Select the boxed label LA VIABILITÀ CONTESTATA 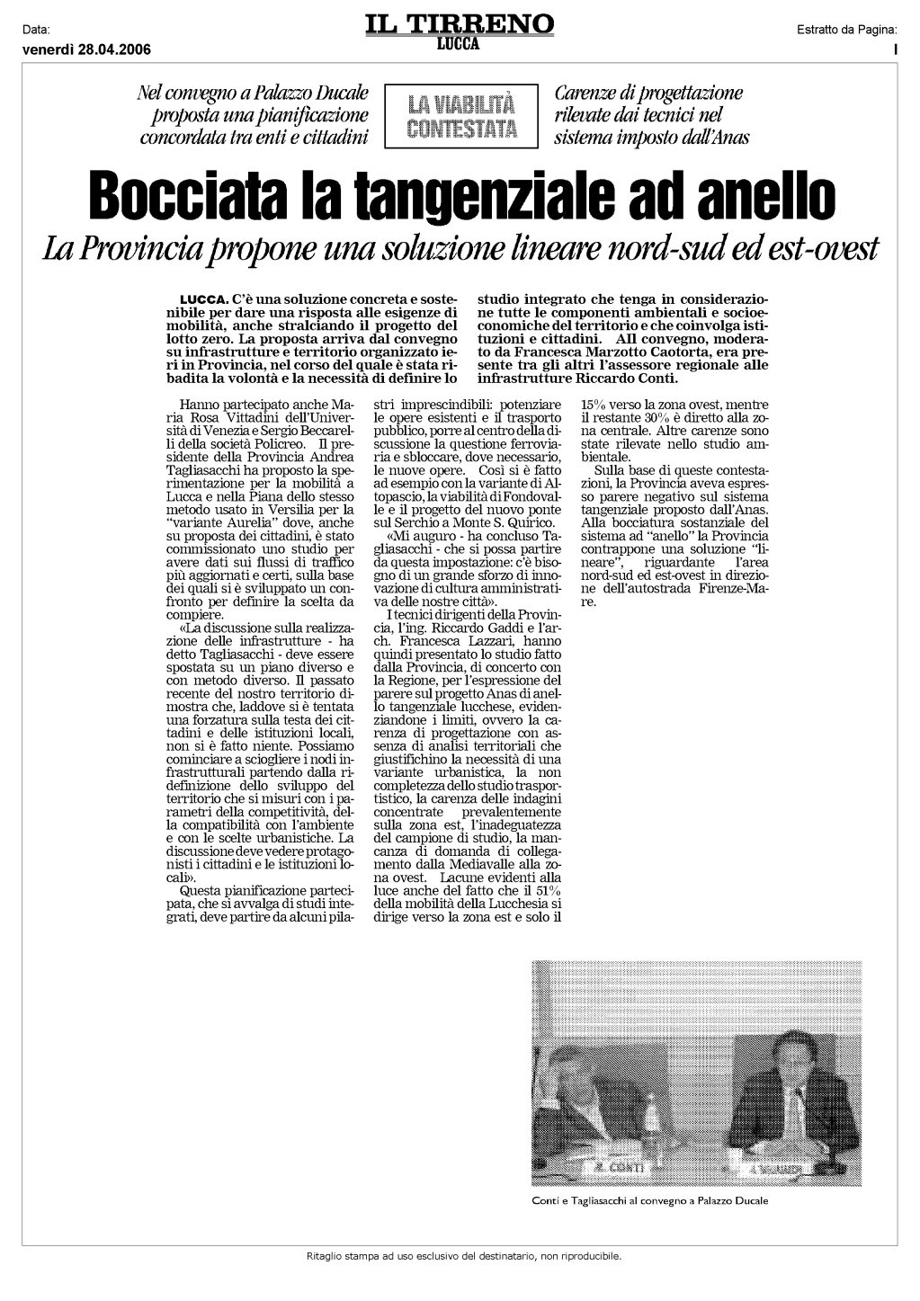click(460, 115)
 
